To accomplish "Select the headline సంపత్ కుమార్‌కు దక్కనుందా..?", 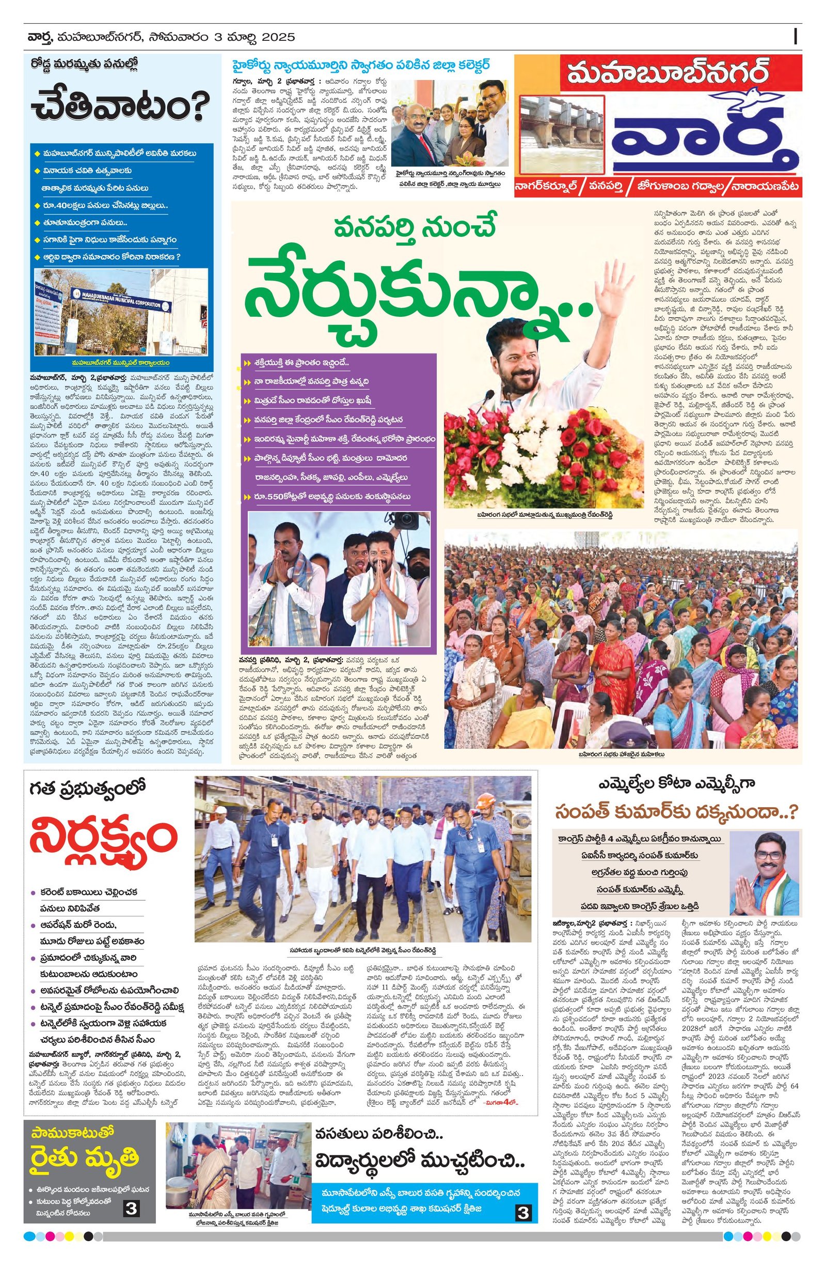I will point(676,812).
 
